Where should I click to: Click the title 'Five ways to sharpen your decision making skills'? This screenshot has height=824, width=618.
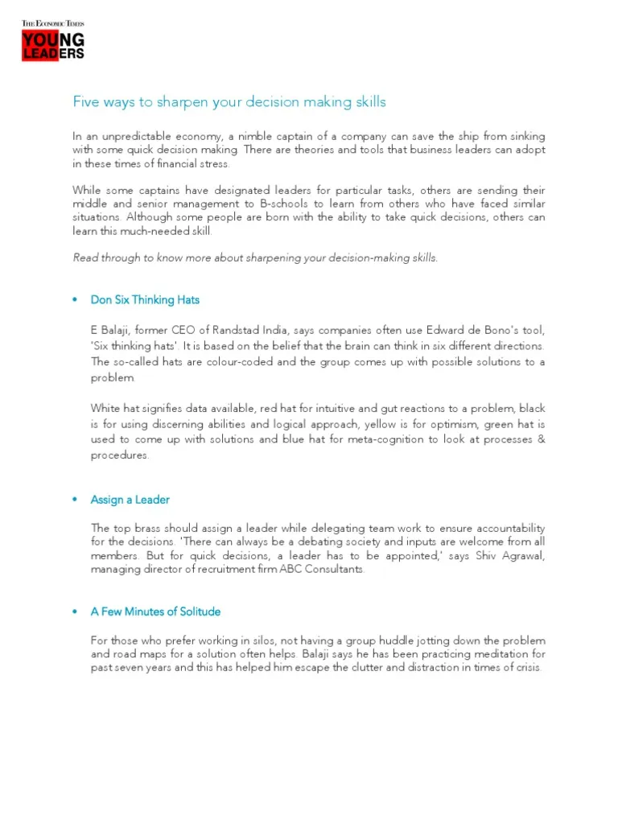tap(229, 102)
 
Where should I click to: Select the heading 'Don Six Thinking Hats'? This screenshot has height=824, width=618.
tap(145, 300)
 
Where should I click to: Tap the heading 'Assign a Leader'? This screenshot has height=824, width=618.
tap(130, 500)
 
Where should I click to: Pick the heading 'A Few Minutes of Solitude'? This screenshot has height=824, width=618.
tap(155, 612)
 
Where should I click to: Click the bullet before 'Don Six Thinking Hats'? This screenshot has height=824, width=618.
tap(75, 300)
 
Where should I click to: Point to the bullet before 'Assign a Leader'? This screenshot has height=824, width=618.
tap(75, 500)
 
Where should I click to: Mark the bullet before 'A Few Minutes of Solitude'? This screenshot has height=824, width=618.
tap(75, 612)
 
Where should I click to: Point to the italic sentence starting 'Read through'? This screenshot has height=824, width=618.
tap(256, 257)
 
